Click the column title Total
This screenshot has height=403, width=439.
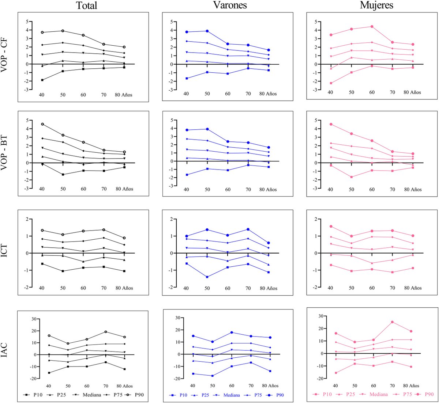click(x=87, y=5)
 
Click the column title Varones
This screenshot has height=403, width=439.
click(x=230, y=5)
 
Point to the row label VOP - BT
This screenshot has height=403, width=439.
click(x=5, y=155)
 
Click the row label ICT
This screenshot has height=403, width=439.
click(x=5, y=252)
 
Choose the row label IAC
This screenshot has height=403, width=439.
click(x=5, y=351)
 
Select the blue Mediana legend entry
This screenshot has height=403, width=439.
click(x=228, y=395)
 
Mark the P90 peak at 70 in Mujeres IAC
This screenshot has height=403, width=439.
click(x=392, y=322)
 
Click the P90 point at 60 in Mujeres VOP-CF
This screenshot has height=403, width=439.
click(x=372, y=26)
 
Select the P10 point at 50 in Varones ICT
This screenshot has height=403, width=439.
click(x=207, y=277)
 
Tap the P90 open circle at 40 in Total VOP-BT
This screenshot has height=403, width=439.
click(x=42, y=124)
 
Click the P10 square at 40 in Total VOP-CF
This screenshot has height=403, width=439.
click(x=42, y=80)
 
